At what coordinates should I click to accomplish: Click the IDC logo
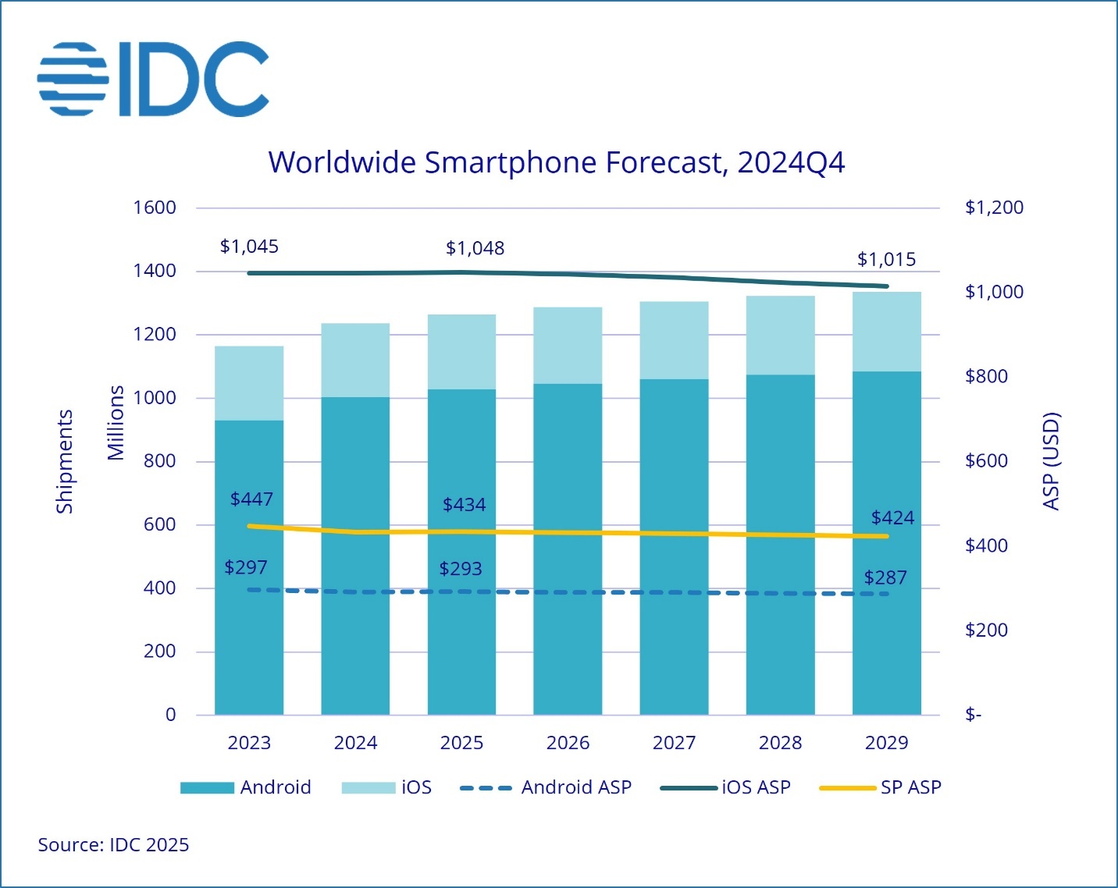[x=153, y=80]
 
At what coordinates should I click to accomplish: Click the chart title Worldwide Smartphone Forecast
[x=556, y=162]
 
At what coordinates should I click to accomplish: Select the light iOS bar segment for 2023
[x=249, y=383]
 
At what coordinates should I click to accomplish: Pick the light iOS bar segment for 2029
[x=886, y=332]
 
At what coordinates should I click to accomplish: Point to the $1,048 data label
[x=475, y=248]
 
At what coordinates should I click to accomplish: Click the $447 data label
[x=251, y=499]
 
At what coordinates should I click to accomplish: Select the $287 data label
[x=885, y=578]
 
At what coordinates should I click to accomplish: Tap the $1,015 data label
[x=886, y=259]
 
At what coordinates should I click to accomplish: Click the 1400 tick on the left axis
[x=155, y=271]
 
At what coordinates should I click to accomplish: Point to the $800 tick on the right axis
[x=986, y=376]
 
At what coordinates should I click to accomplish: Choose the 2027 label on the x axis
[x=674, y=743]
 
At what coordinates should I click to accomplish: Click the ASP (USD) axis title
[x=1052, y=461]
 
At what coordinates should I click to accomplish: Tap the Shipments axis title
[x=64, y=461]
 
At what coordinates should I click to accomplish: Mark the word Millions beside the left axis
[x=116, y=423]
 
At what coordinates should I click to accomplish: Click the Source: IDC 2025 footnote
[x=113, y=845]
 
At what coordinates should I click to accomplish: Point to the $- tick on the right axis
[x=973, y=715]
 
